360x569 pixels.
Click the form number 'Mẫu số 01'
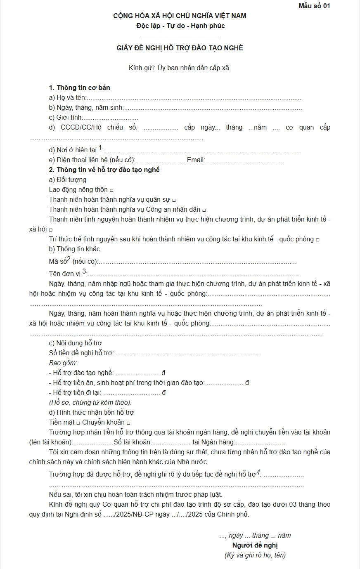tap(314, 6)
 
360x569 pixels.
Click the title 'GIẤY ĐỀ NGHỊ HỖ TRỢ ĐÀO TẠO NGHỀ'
tap(180, 48)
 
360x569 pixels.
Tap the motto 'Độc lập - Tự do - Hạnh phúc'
tap(180, 26)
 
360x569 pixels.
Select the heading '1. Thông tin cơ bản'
tap(79, 87)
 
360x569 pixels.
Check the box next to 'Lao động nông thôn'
tap(111, 190)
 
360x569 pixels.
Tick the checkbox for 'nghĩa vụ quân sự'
tap(174, 200)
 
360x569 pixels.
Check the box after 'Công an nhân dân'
tap(204, 210)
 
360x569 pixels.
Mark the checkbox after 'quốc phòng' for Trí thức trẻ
tap(317, 240)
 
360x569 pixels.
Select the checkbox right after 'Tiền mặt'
tap(78, 423)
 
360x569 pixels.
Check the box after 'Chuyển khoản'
tap(128, 423)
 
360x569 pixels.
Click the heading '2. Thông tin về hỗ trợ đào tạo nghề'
tap(104, 170)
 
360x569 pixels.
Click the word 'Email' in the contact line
tap(195, 160)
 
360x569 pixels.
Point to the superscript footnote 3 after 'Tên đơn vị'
tap(84, 271)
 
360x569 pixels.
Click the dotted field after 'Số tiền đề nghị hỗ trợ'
tap(187, 354)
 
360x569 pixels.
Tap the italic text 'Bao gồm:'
tap(63, 363)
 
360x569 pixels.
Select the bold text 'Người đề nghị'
tap(255, 545)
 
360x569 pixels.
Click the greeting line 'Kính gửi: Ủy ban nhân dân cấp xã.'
tap(180, 68)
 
